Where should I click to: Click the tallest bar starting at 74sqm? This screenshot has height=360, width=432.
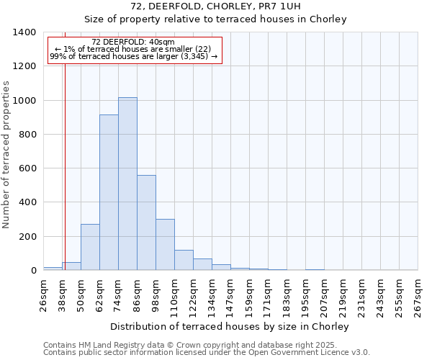pos(127,184)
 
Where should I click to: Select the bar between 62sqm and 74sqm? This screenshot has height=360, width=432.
pos(109,192)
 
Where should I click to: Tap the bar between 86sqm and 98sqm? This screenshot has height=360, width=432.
pos(146,222)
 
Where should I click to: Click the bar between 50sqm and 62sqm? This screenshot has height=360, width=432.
pos(90,247)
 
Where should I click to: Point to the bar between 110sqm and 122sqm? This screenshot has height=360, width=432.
pos(184,260)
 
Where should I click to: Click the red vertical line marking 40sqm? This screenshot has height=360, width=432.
pos(65,158)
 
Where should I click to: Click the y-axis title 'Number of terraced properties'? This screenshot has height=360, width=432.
pos(7,155)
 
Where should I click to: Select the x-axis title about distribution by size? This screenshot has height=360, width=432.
pos(230,327)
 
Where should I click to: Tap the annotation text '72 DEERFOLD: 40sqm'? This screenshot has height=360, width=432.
pos(134,42)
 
